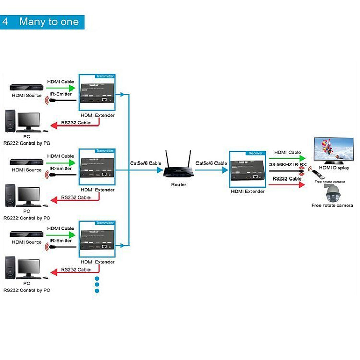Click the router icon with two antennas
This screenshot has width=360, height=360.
tap(175, 166)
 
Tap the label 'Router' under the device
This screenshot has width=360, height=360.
tap(178, 184)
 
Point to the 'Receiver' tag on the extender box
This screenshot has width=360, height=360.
tap(256, 153)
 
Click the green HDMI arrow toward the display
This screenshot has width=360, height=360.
tap(288, 159)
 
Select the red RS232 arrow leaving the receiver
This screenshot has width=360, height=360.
tap(288, 185)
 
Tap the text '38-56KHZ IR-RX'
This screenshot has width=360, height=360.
tap(287, 165)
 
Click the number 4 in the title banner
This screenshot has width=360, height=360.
tap(5, 22)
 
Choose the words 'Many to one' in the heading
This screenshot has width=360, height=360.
tap(49, 22)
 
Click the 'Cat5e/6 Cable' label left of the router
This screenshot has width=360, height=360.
tap(146, 163)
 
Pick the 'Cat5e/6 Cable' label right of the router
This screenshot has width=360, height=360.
tap(211, 163)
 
